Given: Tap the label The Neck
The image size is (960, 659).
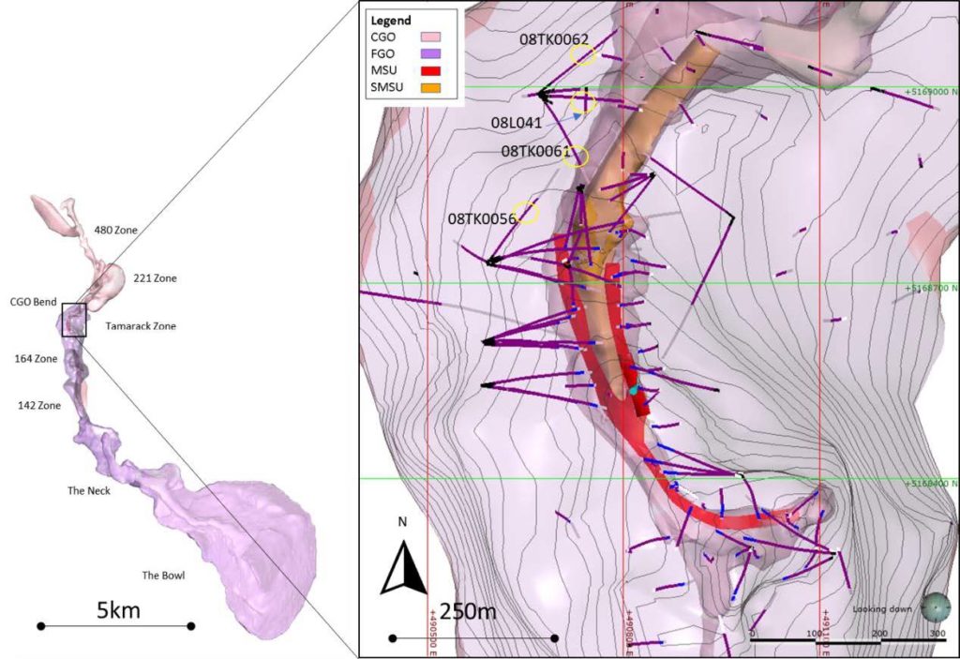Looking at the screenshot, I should pos(89,490).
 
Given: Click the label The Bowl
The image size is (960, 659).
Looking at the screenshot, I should pos(163,575).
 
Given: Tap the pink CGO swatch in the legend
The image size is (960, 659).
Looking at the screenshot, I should pos(431,37).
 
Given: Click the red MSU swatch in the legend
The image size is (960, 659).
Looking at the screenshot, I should pos(431,71).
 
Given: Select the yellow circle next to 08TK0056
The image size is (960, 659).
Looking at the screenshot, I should pos(529,214).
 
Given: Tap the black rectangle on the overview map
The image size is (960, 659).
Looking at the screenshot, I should pos(74,320).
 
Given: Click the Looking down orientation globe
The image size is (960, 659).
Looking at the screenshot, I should pos(936,609).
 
